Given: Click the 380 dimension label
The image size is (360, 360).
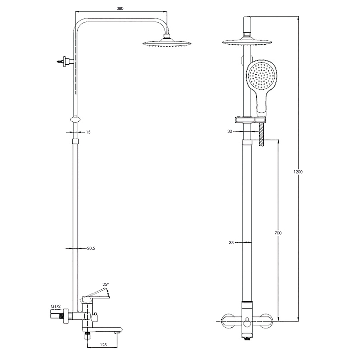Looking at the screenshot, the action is click(x=120, y=9).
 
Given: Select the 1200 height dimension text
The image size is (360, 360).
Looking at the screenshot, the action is click(x=298, y=172).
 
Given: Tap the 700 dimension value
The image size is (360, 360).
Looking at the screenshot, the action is click(x=278, y=233).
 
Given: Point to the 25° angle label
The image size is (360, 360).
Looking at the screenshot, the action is click(x=105, y=284).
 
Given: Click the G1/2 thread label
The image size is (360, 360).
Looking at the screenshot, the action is click(x=56, y=306).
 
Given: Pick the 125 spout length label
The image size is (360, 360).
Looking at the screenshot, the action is click(x=103, y=345).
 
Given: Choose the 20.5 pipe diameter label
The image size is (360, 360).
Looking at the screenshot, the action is click(x=91, y=248).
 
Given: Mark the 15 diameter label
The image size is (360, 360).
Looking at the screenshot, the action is click(x=88, y=132).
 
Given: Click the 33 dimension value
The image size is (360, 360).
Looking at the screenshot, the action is click(x=231, y=242).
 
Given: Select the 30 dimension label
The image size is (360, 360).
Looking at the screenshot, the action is click(x=230, y=131).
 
